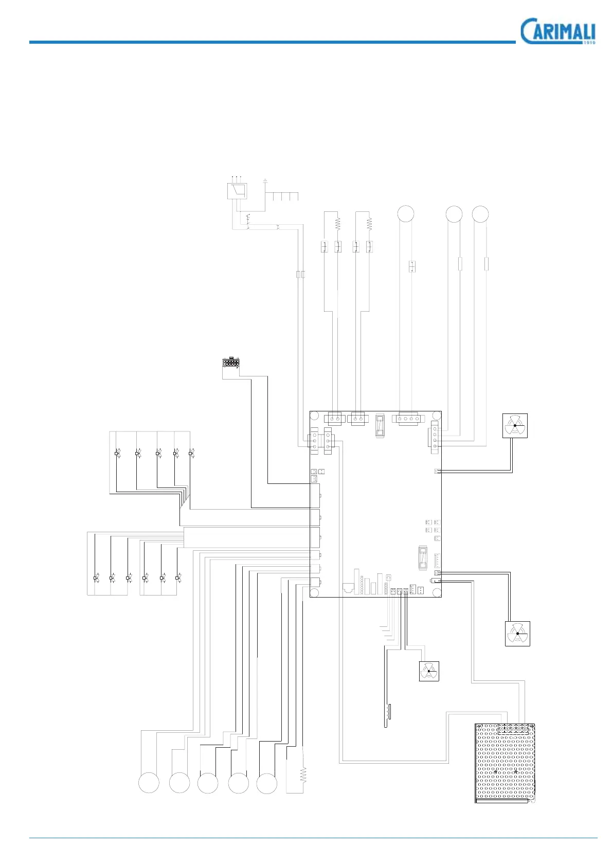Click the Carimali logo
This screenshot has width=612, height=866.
pos(557,31)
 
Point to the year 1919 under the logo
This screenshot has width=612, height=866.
pos(589,43)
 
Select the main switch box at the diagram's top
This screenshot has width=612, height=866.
pos(237,191)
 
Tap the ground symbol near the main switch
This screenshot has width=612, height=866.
pos(265,181)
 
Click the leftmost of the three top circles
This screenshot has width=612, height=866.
pos(406,214)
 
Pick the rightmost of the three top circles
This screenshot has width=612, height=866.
pos(480,214)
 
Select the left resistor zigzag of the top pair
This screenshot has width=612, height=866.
pos(338,224)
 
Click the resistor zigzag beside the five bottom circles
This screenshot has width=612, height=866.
pos(303,775)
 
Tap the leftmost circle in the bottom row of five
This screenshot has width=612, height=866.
pos(149,783)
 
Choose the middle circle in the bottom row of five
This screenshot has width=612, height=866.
pos(208,783)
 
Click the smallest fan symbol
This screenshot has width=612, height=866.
pos(429,671)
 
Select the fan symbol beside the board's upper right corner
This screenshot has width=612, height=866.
pos(515,426)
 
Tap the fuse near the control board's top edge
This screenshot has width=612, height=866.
pos(380,426)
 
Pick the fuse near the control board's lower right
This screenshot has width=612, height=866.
pos(423,558)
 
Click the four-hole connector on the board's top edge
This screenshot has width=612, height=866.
pos(406,419)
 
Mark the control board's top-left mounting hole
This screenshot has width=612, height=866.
pos(315,416)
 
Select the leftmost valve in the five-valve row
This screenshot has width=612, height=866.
pos(117,454)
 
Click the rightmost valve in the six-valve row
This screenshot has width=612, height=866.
pos(178,579)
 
